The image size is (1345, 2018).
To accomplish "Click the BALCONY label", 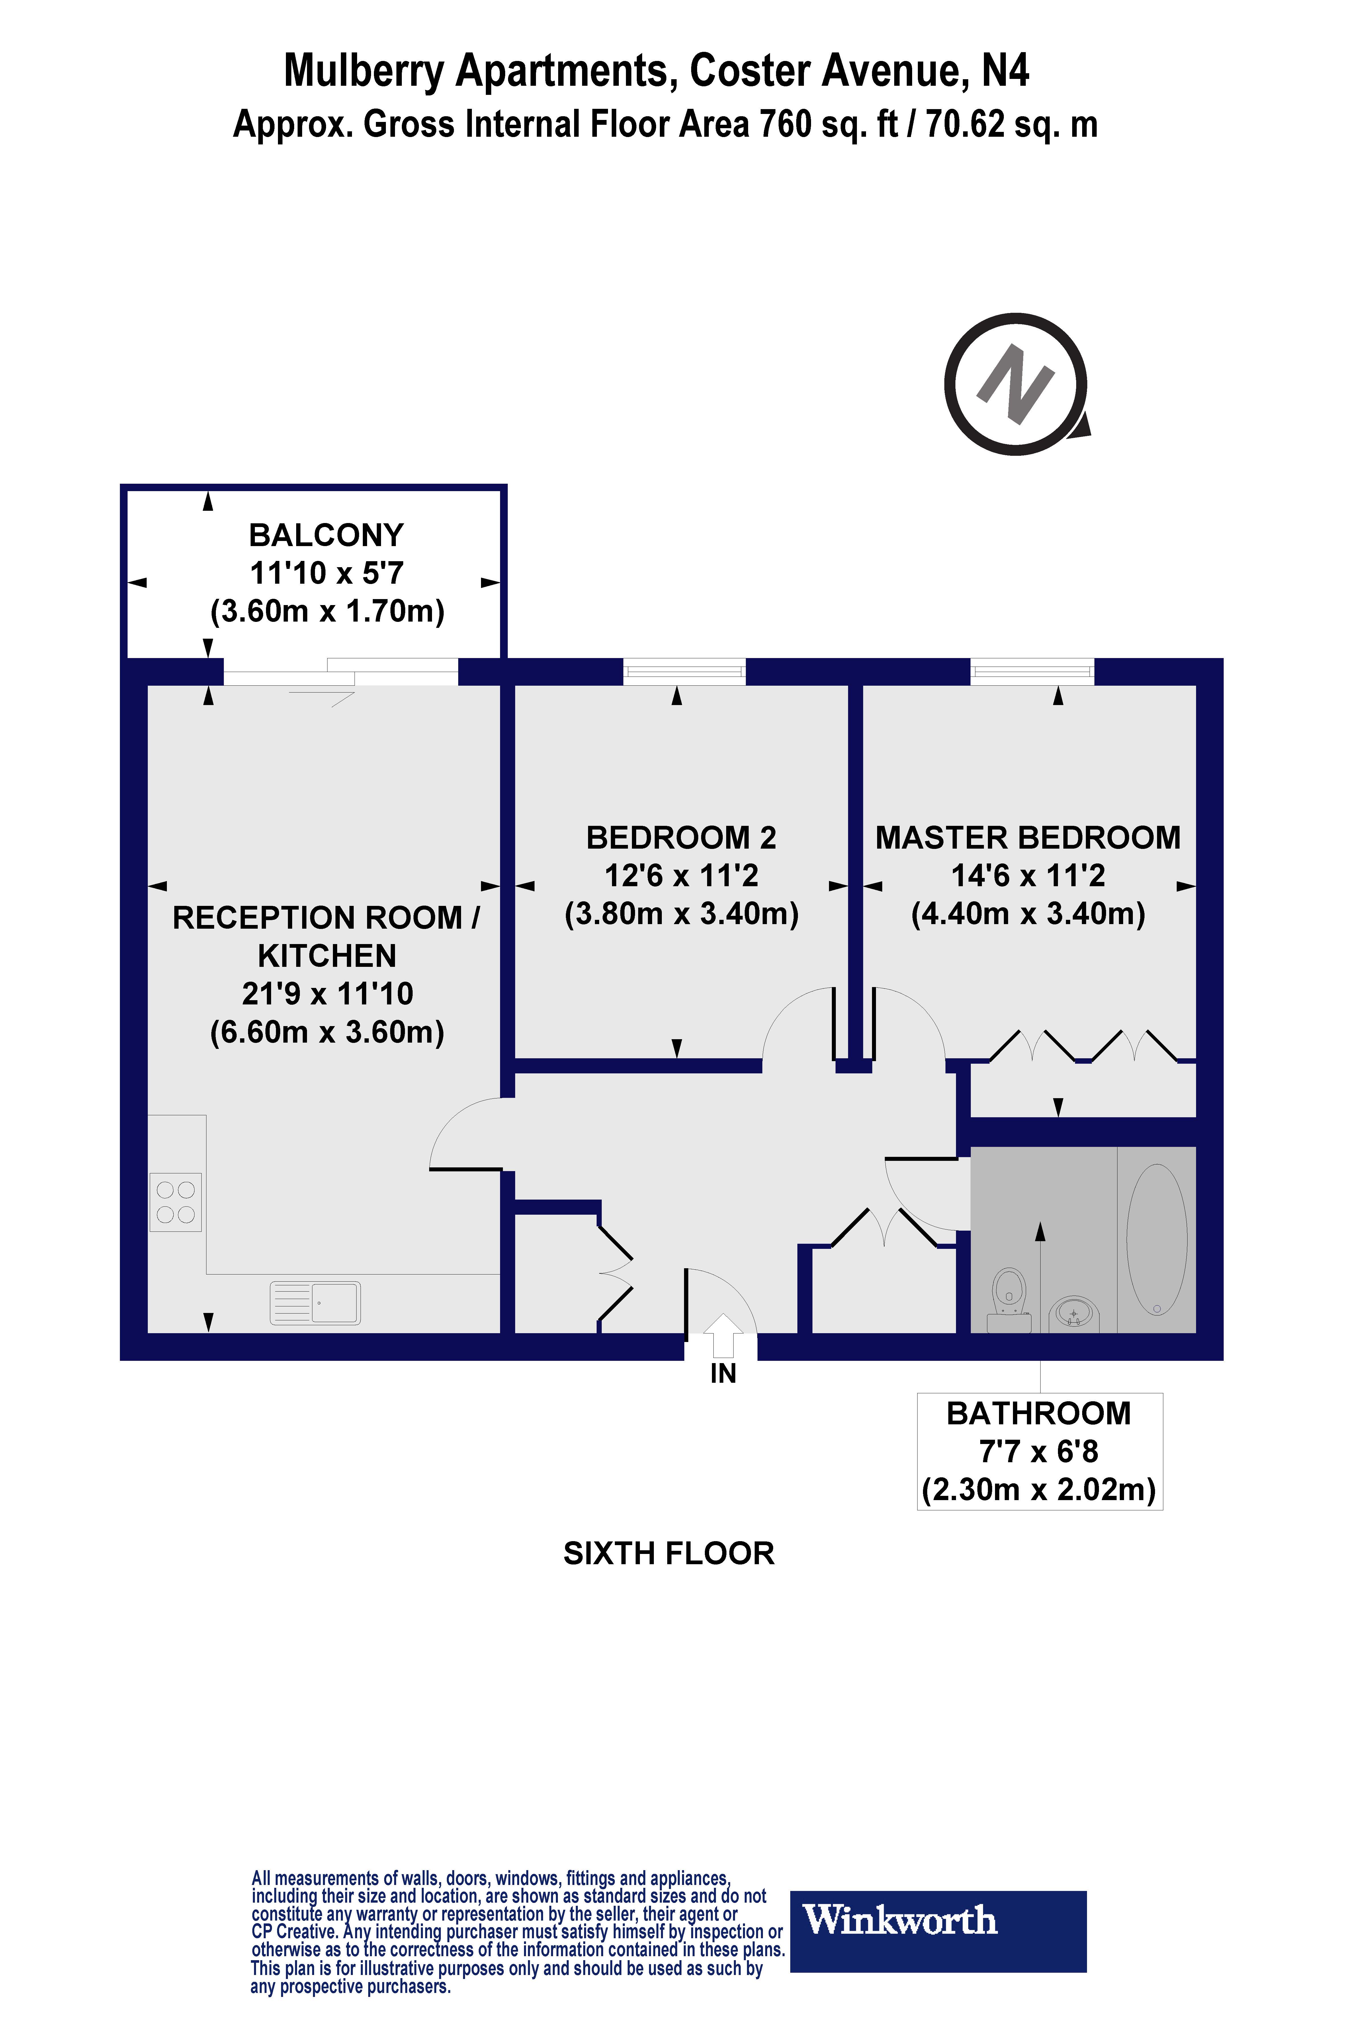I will [x=326, y=535].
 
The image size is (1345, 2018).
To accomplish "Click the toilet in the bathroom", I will [x=1009, y=1297].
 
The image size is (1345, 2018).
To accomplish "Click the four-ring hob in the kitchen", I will [x=176, y=1202].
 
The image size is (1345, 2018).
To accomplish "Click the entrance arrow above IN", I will [x=723, y=1334].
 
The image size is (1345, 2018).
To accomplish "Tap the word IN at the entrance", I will [x=723, y=1374].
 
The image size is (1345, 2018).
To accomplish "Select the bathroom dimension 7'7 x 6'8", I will [x=1039, y=1452].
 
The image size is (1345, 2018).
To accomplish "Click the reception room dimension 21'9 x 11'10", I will [x=328, y=994].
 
